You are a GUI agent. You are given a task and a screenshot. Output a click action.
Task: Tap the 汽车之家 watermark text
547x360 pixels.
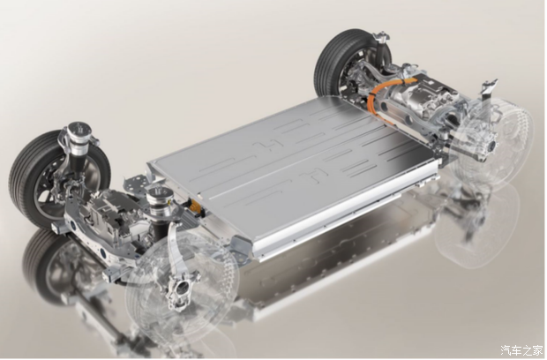pos(522,350)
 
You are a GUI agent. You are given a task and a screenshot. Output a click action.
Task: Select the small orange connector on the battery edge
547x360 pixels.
pos(194,205)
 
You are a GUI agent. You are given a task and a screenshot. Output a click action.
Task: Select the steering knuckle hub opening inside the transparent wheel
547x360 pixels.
pos(182,289)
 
